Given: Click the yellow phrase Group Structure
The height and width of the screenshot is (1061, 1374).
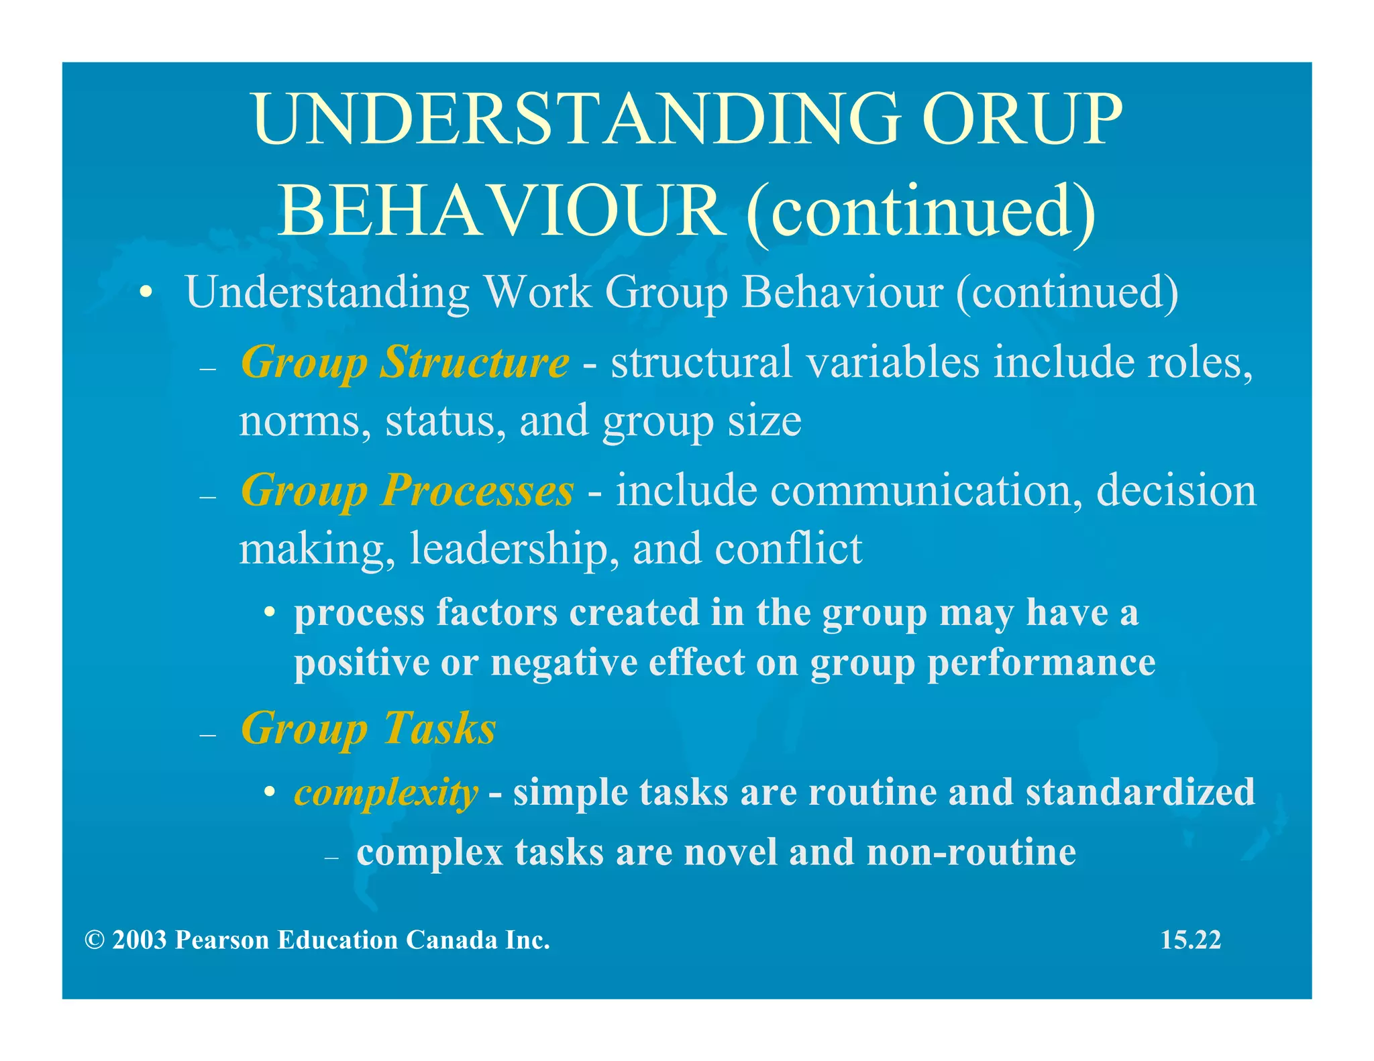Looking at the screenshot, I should (x=405, y=363).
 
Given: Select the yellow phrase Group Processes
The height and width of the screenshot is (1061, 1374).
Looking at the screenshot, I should (x=407, y=491).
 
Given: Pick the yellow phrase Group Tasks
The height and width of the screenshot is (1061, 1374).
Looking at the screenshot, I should (x=368, y=728).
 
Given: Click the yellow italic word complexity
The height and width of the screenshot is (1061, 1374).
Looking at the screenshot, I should (x=386, y=793).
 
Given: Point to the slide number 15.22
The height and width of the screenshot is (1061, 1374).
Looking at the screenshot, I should (x=1190, y=940).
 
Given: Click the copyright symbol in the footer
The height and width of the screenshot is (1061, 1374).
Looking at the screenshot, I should (x=95, y=940).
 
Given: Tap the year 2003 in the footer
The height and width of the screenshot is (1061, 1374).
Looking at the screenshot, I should (x=140, y=940).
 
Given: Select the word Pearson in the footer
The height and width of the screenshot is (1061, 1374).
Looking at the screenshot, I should (x=223, y=940).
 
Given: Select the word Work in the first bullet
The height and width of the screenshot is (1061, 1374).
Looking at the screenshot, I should (x=537, y=292).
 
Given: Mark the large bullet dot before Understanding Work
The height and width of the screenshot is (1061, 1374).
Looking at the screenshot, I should (x=146, y=293).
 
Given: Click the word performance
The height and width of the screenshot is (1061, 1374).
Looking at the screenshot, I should (x=1041, y=663).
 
